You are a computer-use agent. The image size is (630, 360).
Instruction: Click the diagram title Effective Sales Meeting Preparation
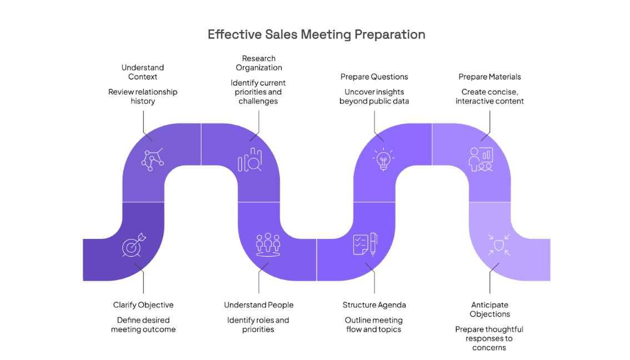[316, 34]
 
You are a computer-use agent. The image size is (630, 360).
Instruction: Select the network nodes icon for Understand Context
[152, 159]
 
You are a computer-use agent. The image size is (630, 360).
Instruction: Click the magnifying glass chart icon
[250, 160]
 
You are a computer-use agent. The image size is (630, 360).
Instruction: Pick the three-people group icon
[268, 244]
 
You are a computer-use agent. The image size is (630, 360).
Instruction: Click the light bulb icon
[383, 159]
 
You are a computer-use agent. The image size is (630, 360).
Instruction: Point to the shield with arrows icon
[498, 244]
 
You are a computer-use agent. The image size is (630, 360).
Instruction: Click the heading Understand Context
[143, 72]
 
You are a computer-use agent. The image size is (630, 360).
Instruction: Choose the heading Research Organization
[259, 63]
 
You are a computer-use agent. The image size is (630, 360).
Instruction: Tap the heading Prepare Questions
[374, 77]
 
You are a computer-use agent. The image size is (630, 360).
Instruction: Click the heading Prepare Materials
[489, 77]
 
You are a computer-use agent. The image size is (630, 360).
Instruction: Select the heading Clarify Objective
[143, 305]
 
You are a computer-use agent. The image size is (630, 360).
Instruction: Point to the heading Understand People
[258, 305]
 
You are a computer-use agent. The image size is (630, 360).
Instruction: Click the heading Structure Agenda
[374, 305]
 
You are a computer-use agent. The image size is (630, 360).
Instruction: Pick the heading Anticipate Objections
[489, 309]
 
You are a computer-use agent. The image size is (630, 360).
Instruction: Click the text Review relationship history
[143, 96]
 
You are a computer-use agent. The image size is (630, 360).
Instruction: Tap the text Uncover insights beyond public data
[374, 96]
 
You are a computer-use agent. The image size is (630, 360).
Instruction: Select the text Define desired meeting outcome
[143, 324]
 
